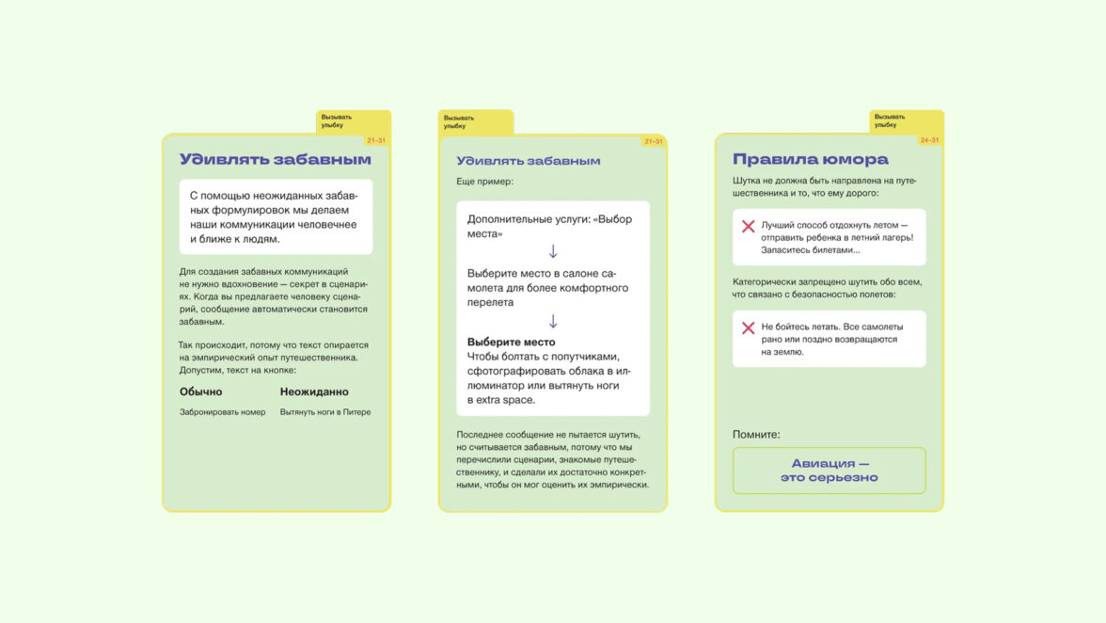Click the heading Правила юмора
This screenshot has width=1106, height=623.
(810, 160)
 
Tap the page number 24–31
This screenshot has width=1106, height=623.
(929, 140)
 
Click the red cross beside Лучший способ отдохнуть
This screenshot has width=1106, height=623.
(749, 227)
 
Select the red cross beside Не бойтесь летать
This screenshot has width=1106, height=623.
(749, 327)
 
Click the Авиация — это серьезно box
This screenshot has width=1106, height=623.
(829, 471)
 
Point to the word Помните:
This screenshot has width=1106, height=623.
(756, 435)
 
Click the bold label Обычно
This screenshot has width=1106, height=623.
(201, 391)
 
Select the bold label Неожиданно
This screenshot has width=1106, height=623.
(314, 391)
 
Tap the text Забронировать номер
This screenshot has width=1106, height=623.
(223, 412)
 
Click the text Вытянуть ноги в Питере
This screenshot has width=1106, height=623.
(325, 412)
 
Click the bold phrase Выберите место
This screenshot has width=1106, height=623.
(512, 342)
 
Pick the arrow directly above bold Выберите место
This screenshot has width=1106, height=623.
(553, 321)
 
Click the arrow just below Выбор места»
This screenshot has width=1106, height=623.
(553, 251)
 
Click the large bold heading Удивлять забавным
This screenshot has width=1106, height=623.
(276, 160)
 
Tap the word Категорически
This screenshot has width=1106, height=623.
(765, 281)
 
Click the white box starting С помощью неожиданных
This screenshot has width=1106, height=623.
(276, 217)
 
